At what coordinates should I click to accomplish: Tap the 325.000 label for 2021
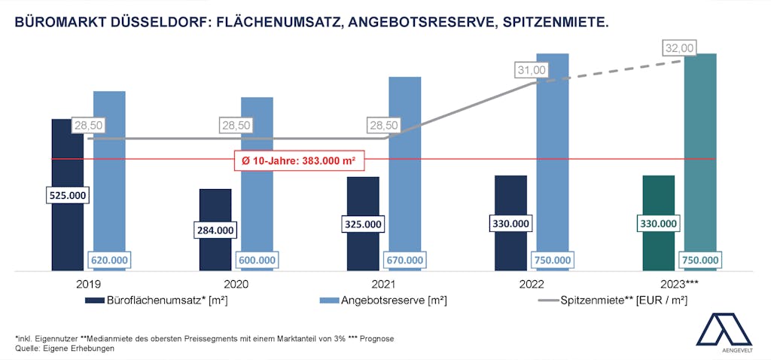click(x=363, y=224)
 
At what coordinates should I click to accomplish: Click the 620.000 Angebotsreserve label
click(x=109, y=260)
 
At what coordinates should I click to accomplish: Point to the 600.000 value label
click(x=257, y=260)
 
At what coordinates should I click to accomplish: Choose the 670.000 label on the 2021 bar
click(x=405, y=260)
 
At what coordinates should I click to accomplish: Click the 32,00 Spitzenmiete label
click(x=679, y=48)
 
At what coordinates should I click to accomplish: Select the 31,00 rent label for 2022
click(x=532, y=70)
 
